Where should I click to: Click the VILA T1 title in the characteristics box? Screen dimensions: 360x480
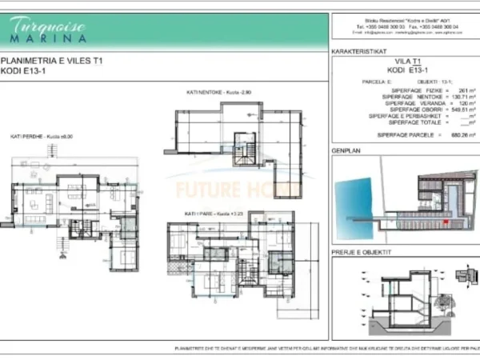pyautogui.click(x=407, y=61)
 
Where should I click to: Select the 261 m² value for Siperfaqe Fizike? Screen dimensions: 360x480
pyautogui.click(x=458, y=90)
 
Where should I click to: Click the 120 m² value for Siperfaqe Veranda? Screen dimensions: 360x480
pyautogui.click(x=458, y=104)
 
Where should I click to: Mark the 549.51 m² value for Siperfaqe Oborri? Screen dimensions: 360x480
pyautogui.click(x=455, y=110)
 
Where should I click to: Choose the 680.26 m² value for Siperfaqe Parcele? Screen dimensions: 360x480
pyautogui.click(x=456, y=135)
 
